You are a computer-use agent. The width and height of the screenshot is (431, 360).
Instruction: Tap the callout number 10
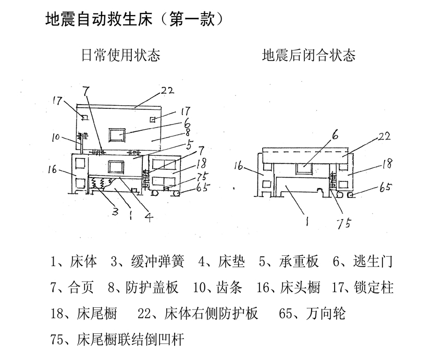pyautogui.click(x=57, y=138)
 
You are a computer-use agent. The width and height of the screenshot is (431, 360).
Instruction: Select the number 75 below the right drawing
pyautogui.click(x=343, y=222)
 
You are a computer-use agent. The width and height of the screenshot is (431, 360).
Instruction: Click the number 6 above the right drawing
pyautogui.click(x=334, y=134)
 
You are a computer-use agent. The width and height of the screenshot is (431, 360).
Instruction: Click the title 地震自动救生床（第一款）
pyautogui.click(x=135, y=20)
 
